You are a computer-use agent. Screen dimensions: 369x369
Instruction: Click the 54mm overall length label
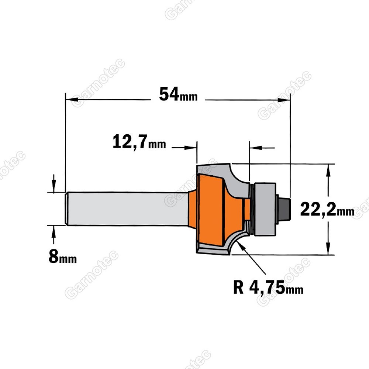[x=178, y=94]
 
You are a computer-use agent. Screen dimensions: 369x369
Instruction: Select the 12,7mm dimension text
[x=139, y=142]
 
